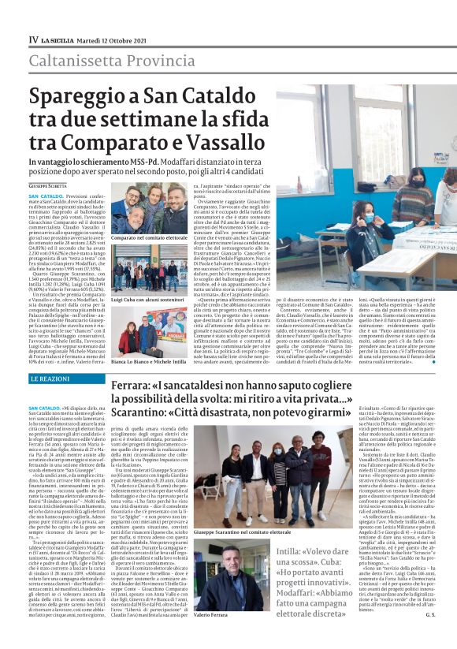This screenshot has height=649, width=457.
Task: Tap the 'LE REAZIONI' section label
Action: [49, 379]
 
